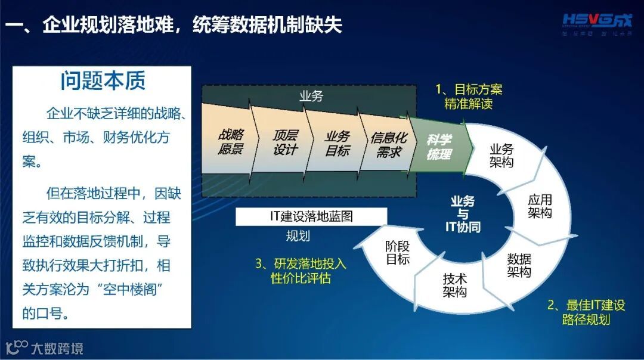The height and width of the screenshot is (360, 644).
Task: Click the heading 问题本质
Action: click(103, 81)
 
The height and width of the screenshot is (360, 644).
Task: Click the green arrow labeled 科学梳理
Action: click(439, 147)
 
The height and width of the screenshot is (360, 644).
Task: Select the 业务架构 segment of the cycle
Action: click(501, 156)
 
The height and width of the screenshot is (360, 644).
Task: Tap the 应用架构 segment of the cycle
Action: click(540, 206)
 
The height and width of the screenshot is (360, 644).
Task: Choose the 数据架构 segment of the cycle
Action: click(519, 265)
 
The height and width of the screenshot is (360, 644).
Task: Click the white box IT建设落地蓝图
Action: click(311, 216)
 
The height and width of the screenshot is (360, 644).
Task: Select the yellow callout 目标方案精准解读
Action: click(469, 97)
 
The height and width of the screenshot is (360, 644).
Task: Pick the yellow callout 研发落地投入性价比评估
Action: click(301, 271)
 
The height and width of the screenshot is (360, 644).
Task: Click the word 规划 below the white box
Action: click(298, 236)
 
